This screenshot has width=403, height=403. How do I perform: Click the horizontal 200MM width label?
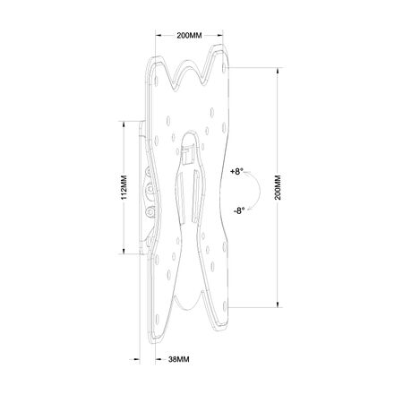pos(189,36)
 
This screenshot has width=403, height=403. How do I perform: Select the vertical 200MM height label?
pos(278,187)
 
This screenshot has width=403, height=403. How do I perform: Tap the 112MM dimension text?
pos(124,187)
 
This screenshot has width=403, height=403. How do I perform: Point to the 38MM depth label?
pos(178,359)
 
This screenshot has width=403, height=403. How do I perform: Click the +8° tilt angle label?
pos(236,172)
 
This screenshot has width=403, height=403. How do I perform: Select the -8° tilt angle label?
pos(239,210)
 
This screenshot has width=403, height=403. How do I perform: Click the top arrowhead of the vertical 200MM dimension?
pos(278,71)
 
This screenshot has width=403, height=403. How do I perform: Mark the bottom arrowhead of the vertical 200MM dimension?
pos(278,304)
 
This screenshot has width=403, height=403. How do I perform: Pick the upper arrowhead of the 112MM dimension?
pos(123,124)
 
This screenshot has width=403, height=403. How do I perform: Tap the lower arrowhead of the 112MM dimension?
pos(123,251)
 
